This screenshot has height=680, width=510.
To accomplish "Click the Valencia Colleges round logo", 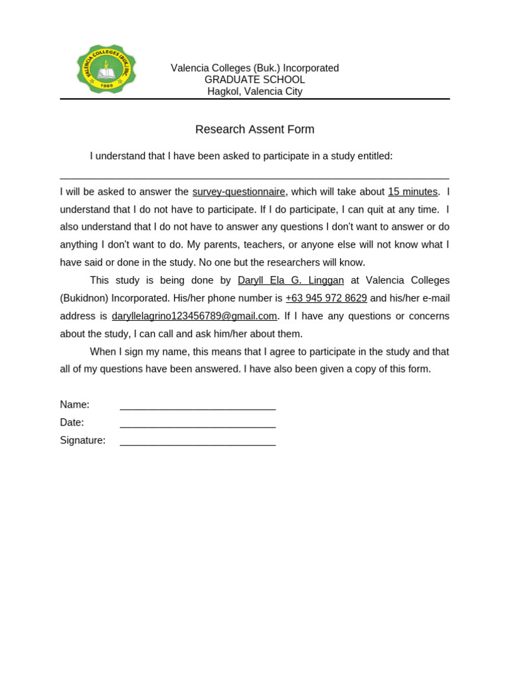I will point(106,69).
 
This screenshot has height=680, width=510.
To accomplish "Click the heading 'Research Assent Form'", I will point(254,129).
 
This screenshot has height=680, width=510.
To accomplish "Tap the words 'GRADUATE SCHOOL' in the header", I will point(254,80).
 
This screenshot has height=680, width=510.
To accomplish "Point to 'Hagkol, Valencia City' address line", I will point(254,92).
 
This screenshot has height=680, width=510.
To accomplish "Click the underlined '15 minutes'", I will point(412,192).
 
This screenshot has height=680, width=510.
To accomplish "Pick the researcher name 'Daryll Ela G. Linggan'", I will point(291,280).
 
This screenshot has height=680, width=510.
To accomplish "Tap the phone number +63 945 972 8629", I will point(326,298).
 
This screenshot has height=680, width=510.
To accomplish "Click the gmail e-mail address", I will point(194,316).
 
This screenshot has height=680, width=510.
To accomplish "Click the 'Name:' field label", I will point(74,404).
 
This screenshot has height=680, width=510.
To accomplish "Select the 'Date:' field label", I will point(72,422).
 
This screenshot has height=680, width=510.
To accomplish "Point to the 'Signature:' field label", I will point(82,440).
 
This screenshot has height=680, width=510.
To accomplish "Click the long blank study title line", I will point(254,177).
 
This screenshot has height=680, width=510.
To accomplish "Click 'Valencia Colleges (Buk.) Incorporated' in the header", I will point(254,68).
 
